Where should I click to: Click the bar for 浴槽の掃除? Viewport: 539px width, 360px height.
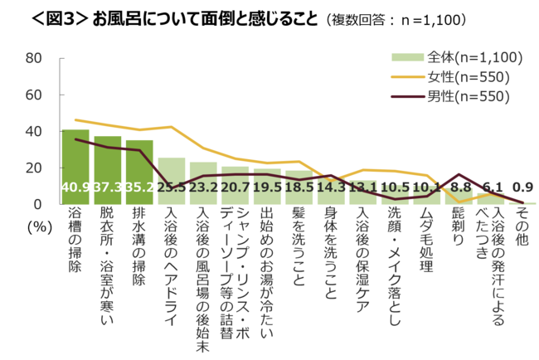pyautogui.click(x=75, y=166)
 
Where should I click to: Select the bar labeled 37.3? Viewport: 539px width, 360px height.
pyautogui.click(x=108, y=169)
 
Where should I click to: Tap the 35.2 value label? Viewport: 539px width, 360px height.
pyautogui.click(x=139, y=188)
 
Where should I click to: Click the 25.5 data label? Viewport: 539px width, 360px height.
pyautogui.click(x=172, y=188)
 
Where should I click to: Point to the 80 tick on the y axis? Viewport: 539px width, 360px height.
pyautogui.click(x=34, y=58)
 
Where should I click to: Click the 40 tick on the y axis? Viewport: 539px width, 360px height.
pyautogui.click(x=34, y=131)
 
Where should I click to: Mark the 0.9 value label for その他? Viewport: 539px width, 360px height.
pyautogui.click(x=522, y=188)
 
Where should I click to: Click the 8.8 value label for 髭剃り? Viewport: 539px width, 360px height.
pyautogui.click(x=459, y=188)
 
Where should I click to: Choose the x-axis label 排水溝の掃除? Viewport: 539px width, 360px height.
pyautogui.click(x=139, y=247)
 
